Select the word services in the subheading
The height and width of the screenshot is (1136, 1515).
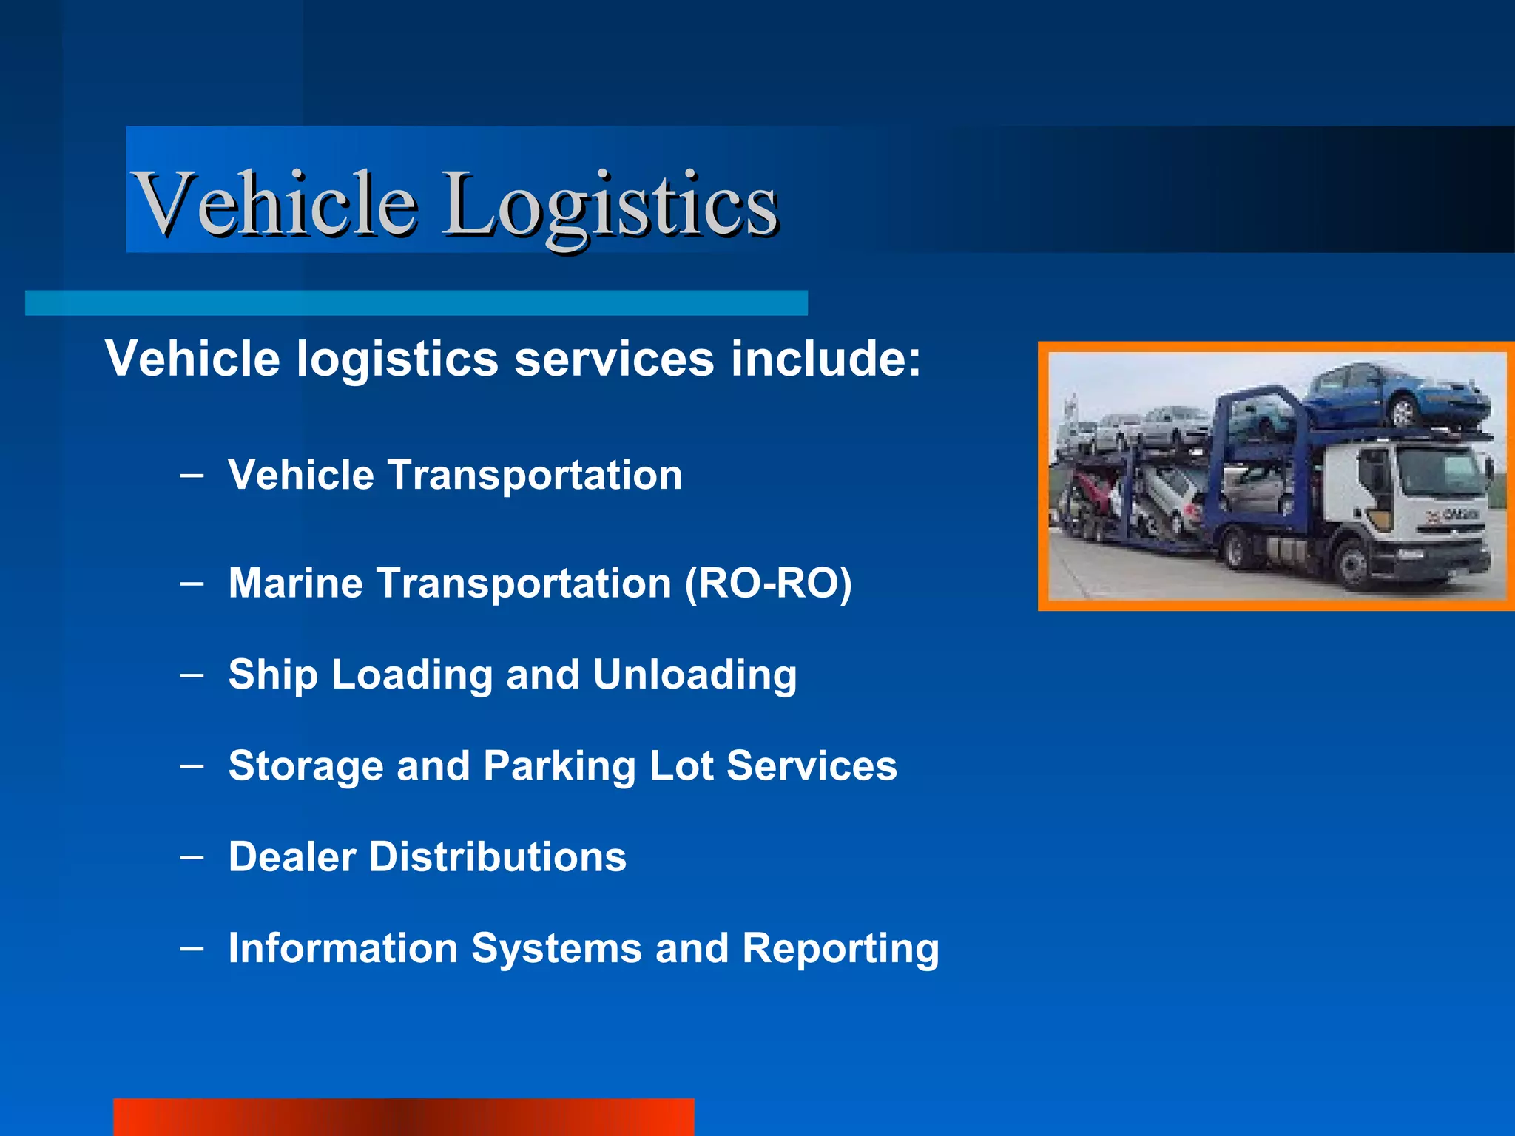[x=614, y=359]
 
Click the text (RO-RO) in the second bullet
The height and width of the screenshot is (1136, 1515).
[x=769, y=584]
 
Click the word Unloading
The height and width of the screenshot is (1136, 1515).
[x=695, y=675]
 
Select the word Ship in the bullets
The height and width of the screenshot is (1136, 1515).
[x=273, y=675]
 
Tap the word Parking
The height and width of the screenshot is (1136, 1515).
[x=559, y=766]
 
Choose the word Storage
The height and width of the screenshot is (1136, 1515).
[x=306, y=766]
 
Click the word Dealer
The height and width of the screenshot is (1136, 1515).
[x=292, y=857]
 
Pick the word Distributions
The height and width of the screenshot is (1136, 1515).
[x=498, y=857]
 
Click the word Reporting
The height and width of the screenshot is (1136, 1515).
[x=840, y=949]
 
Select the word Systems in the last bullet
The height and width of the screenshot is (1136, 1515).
[x=556, y=949]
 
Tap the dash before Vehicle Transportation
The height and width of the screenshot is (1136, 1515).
[x=192, y=476]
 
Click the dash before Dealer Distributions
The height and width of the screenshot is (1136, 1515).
[x=192, y=858]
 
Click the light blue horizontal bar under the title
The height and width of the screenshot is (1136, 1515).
[x=416, y=303]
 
